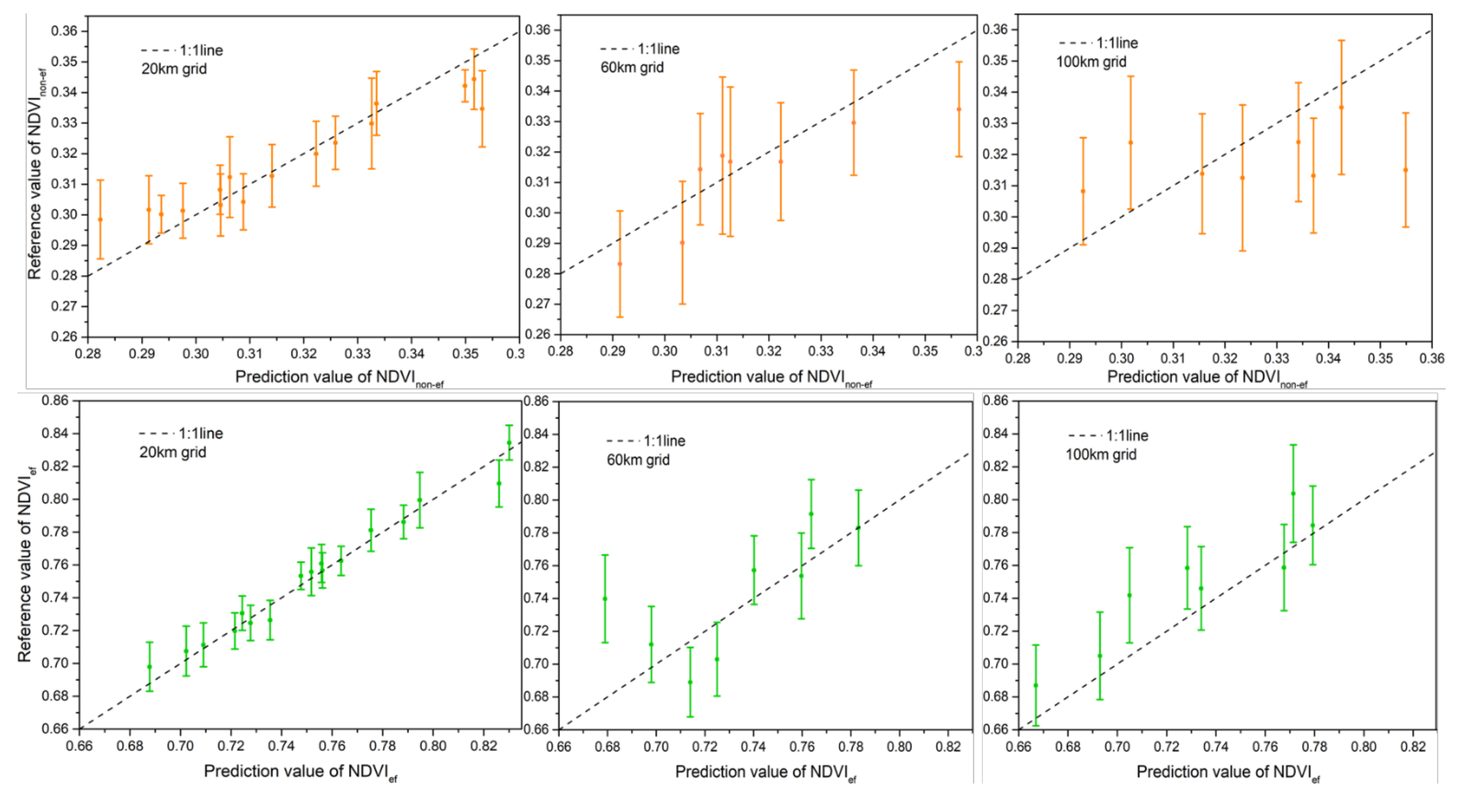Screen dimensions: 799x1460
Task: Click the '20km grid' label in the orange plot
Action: point(174,69)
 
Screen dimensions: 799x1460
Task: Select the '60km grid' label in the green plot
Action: point(638,459)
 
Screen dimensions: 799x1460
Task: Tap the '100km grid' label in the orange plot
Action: point(1091,62)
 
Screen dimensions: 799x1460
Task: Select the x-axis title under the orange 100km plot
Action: point(1207,377)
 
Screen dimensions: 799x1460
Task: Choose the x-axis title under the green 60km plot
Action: point(765,772)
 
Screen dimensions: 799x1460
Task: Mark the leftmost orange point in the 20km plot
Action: point(100,220)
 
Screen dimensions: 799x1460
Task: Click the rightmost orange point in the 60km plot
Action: point(959,109)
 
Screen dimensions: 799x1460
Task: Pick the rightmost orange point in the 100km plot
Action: point(1405,170)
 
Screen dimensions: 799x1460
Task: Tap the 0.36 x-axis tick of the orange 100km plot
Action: point(1432,359)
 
